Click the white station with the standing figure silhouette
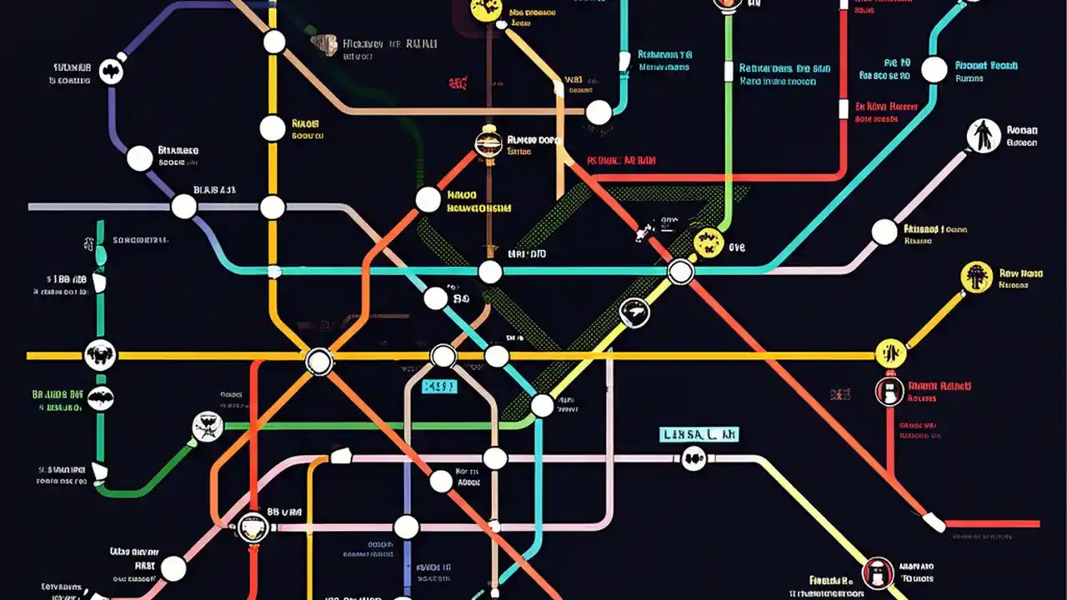[x=984, y=136]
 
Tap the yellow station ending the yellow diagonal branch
[x=976, y=277]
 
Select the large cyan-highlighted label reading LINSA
[x=699, y=434]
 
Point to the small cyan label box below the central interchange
[x=439, y=386]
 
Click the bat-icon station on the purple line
[x=111, y=72]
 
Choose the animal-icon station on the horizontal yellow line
[x=100, y=356]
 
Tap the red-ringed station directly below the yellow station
[x=889, y=391]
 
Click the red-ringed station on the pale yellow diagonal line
[x=877, y=572]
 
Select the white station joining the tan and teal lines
[x=599, y=112]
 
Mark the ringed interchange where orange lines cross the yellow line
[x=318, y=362]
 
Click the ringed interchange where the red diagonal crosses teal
[x=680, y=272]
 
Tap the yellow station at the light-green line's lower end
[x=708, y=242]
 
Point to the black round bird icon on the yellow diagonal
[x=634, y=312]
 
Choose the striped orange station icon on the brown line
[x=488, y=143]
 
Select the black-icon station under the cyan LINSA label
[x=694, y=457]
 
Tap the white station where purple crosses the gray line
[x=183, y=206]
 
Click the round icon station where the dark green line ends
[x=207, y=427]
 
